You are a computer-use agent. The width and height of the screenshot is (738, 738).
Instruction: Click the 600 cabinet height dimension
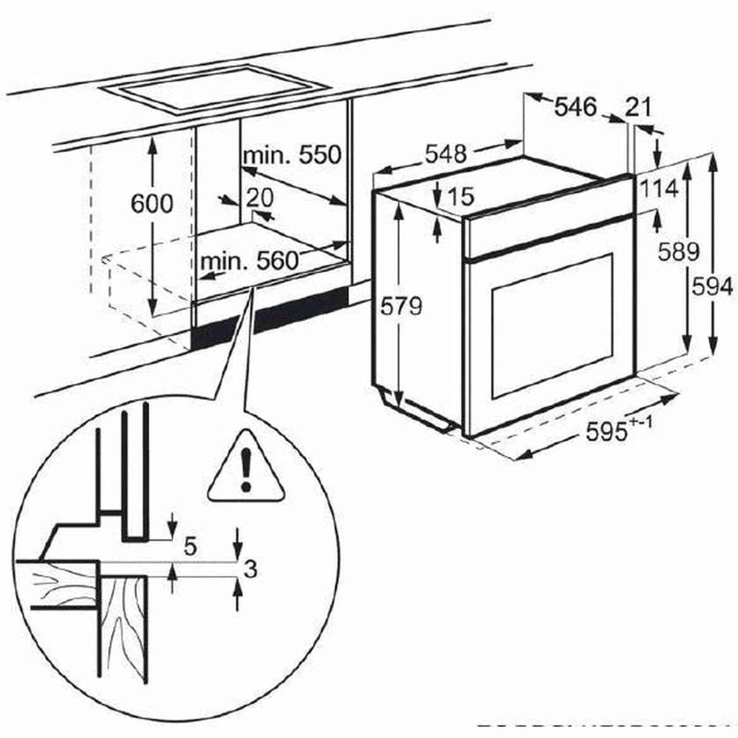pos(152,204)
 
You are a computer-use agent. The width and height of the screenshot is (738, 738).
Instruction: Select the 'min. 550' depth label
pos(291,155)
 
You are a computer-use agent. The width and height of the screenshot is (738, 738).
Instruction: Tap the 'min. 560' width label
pos(249,261)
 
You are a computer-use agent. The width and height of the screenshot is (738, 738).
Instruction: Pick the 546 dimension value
pos(575,107)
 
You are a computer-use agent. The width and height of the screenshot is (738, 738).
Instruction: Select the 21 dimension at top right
pos(638,107)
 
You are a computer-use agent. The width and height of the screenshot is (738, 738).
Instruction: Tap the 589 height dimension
pos(678,251)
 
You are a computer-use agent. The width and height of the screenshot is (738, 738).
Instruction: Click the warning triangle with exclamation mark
pos(246,468)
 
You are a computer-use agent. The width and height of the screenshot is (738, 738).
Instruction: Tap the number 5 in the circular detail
pos(189,547)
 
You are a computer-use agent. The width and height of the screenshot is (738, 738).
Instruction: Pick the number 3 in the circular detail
pos(250,569)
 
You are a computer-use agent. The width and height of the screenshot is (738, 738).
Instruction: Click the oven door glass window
pos(552,327)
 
